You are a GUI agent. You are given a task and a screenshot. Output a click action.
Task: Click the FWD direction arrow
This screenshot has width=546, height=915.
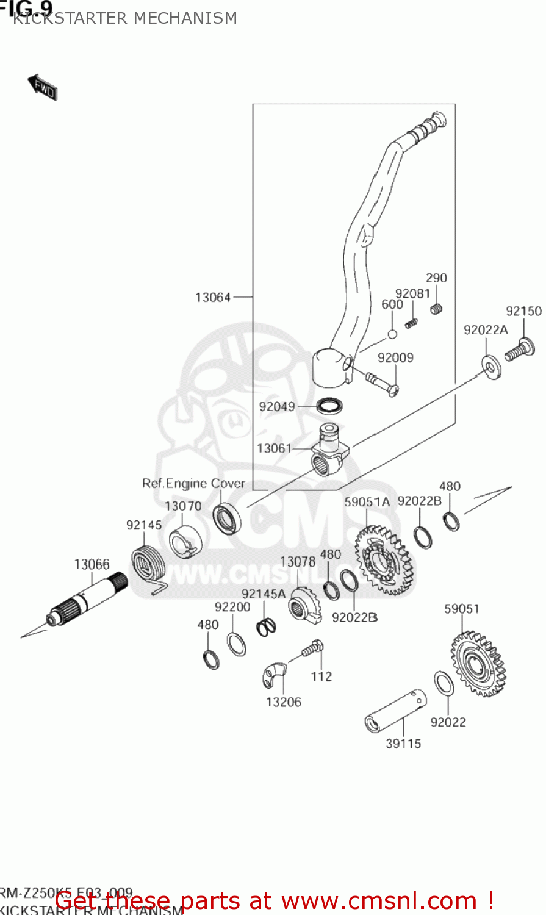pos(43,88)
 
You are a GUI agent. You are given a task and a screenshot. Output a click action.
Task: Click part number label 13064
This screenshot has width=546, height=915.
pos(213,298)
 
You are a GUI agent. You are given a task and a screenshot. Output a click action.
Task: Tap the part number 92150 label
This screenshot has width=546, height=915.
pos(523,311)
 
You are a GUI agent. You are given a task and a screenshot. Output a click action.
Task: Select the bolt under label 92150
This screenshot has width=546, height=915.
pos(520,349)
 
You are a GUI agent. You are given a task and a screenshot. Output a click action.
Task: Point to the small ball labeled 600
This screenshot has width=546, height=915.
pos(393,334)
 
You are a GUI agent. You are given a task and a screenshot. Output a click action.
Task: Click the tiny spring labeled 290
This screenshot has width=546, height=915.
pos(436,309)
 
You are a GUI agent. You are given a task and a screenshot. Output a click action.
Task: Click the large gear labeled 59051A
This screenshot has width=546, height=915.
pos(383,559)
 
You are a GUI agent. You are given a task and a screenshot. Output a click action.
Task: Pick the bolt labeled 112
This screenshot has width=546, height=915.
pos(313,648)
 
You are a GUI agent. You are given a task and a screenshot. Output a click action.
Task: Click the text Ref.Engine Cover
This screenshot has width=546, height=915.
pos(193,484)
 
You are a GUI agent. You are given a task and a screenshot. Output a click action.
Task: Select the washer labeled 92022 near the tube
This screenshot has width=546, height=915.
pos(444,684)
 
